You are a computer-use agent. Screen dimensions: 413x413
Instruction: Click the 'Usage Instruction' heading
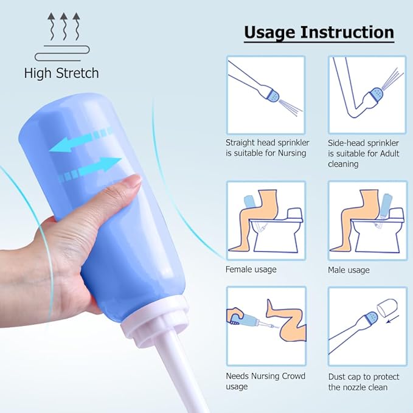[x=319, y=32]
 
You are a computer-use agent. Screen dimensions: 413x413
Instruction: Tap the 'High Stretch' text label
[x=61, y=74]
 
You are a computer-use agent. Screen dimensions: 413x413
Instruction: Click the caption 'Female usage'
[x=251, y=269]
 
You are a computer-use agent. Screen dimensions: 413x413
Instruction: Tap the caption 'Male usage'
[x=349, y=269]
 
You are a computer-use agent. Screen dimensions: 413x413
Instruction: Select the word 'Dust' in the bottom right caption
[x=338, y=376]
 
